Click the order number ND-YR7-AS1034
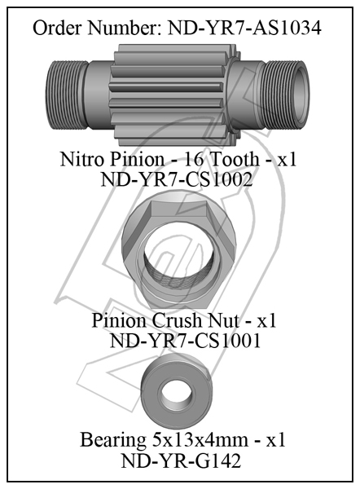244,28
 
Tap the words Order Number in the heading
97,28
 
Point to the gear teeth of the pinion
173,95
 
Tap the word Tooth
235,160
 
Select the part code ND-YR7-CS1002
177,179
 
